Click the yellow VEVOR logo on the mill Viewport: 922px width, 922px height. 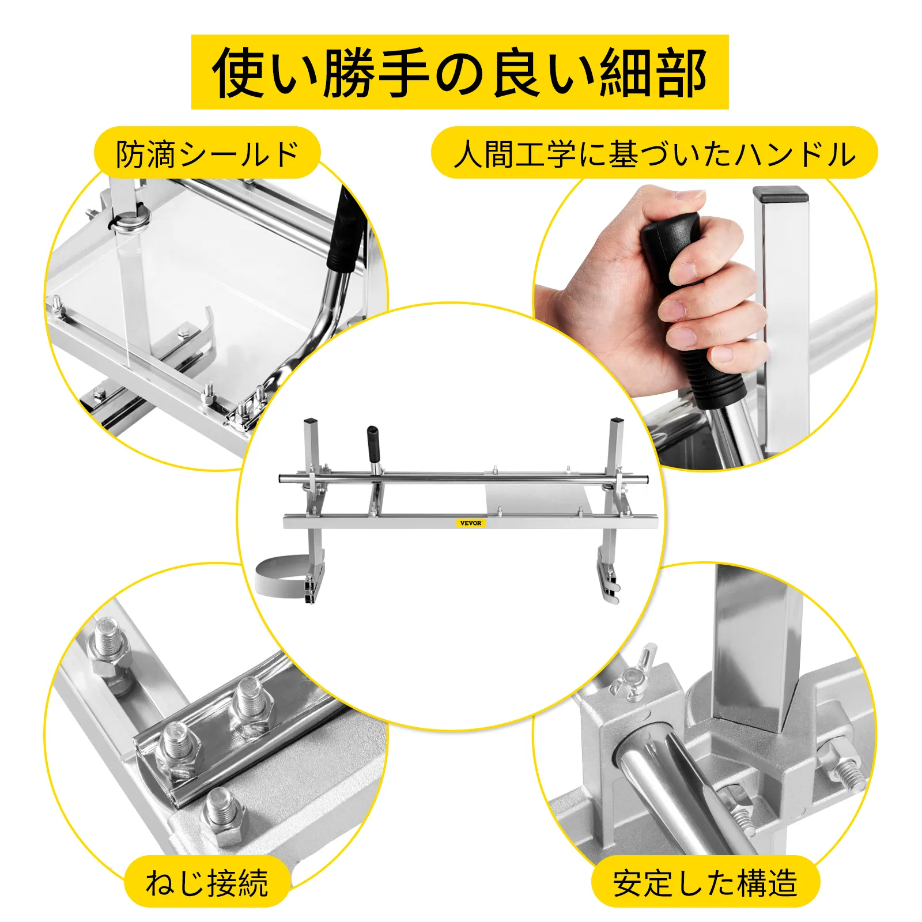(471, 523)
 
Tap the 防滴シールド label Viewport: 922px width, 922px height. (207, 153)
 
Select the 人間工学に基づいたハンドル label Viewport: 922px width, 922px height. (654, 153)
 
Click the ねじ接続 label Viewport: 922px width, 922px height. (207, 882)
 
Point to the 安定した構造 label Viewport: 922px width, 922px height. (705, 882)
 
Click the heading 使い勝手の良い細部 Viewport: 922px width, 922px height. (460, 72)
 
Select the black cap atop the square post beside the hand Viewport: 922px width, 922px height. (780, 194)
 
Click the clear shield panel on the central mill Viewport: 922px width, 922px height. (536, 498)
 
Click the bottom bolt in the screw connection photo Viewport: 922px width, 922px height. (225, 816)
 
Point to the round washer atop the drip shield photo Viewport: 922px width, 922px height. (132, 221)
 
